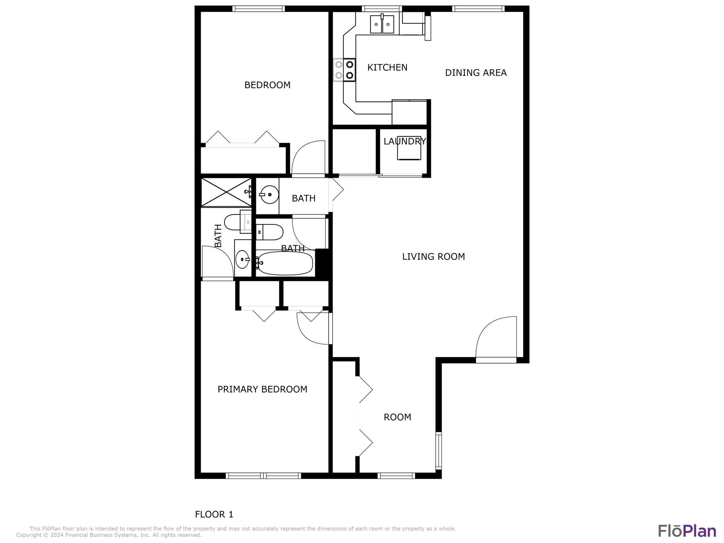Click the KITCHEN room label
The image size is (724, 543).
coord(387,68)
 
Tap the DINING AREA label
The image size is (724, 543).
coord(476,73)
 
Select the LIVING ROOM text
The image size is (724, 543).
coord(433,257)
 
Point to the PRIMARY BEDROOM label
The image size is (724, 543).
coord(262,389)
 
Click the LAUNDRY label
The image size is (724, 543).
coord(405,141)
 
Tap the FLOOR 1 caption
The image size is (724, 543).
coord(214,514)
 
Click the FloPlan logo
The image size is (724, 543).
coord(687,531)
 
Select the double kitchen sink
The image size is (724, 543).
coord(382,24)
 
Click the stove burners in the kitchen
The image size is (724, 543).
coord(344,70)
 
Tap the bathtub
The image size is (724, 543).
coord(286,263)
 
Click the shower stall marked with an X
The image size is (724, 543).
coord(226,192)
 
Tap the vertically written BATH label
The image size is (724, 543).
coord(218,236)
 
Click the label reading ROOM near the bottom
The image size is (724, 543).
coord(397,417)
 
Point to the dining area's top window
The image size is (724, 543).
coord(478,9)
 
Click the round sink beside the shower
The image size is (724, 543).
coord(269,194)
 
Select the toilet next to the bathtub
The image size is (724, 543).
coord(269,232)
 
